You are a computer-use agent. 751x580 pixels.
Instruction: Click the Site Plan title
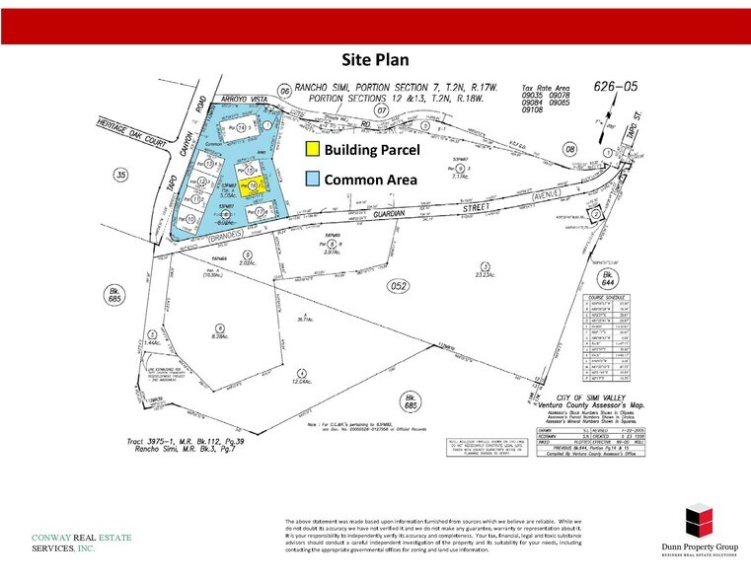click(375, 58)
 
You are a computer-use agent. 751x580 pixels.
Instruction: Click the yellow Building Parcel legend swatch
click(312, 150)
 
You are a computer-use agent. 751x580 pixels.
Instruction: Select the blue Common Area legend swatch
click(312, 180)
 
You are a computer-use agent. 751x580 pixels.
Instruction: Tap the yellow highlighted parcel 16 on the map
click(253, 185)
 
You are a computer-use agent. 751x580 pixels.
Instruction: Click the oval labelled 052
click(371, 286)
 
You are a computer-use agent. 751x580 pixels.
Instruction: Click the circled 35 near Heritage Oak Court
click(121, 176)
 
